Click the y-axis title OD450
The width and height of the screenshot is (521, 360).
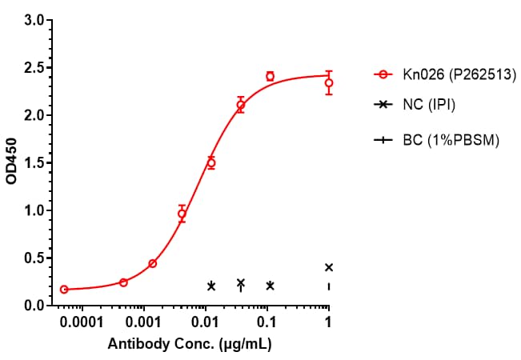point(11,163)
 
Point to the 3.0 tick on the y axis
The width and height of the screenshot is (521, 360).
point(34,20)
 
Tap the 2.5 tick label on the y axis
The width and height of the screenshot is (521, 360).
point(34,68)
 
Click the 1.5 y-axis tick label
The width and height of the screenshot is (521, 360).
point(34,163)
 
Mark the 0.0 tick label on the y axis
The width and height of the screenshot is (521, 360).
point(34,306)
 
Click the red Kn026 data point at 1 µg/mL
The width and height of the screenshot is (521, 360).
point(329,82)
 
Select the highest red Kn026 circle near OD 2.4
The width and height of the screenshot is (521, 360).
point(270,77)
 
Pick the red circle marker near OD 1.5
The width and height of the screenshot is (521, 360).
point(211,162)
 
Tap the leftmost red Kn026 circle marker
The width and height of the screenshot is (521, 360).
point(64,289)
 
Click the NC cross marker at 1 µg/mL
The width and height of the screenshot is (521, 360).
point(329,267)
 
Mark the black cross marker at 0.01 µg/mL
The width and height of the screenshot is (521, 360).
point(211,286)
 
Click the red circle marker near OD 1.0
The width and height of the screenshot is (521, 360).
point(182,214)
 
